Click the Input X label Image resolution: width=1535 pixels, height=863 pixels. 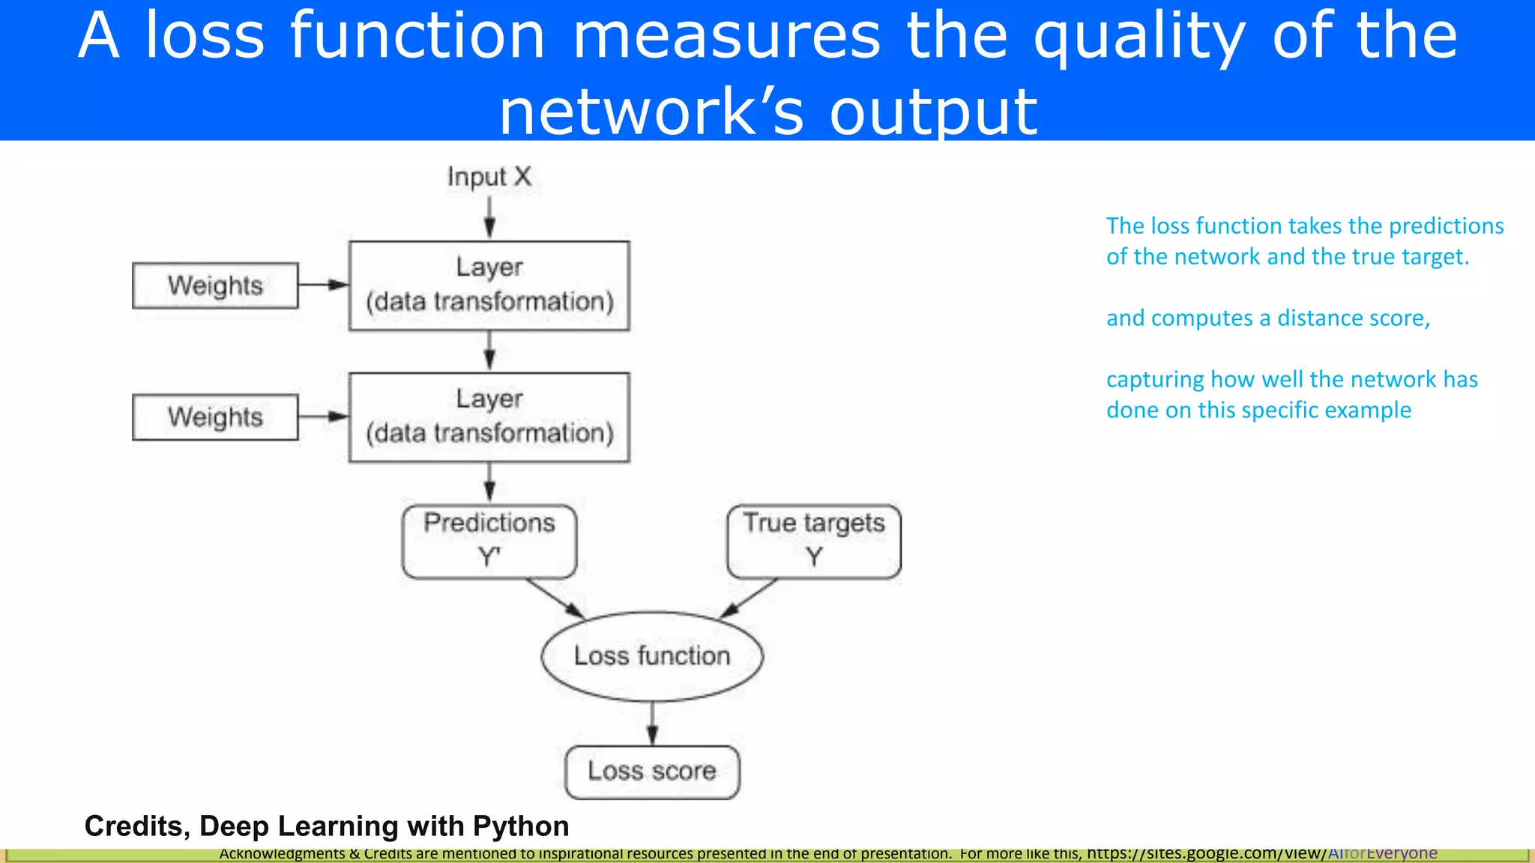click(489, 178)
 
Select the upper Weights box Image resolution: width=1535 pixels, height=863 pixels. click(215, 285)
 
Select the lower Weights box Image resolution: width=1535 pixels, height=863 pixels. click(215, 417)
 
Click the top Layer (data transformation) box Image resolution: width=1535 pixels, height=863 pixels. click(489, 285)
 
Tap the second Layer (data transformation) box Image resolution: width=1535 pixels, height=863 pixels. click(489, 417)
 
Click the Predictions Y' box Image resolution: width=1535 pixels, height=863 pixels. click(489, 541)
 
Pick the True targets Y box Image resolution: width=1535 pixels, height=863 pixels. click(814, 541)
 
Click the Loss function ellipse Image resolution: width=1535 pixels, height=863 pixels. click(651, 656)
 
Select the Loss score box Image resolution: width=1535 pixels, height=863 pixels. click(651, 772)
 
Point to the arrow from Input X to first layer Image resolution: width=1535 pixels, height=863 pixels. click(489, 217)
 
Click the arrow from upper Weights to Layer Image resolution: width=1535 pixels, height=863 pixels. click(323, 285)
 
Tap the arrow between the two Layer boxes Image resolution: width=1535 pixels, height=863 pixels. click(489, 351)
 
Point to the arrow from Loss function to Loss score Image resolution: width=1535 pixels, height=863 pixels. click(652, 723)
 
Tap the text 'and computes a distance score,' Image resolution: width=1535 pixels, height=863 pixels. click(1268, 318)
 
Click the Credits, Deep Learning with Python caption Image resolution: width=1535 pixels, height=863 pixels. click(327, 826)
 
